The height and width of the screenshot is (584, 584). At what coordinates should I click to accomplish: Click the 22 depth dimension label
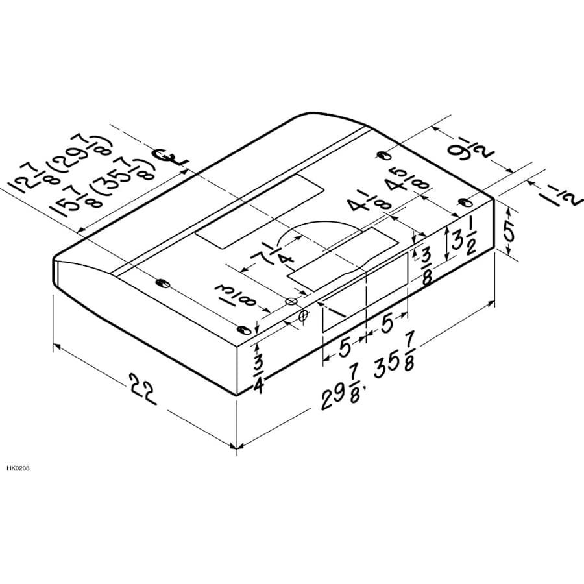pos(143,389)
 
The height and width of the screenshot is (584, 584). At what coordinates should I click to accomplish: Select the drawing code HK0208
pos(18,468)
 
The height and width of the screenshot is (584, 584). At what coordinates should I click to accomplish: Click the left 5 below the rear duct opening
pos(345,348)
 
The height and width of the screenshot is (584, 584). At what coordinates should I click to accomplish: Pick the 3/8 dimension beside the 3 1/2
pos(426,266)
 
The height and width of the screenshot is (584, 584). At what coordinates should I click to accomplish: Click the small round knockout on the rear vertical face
pos(304,315)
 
